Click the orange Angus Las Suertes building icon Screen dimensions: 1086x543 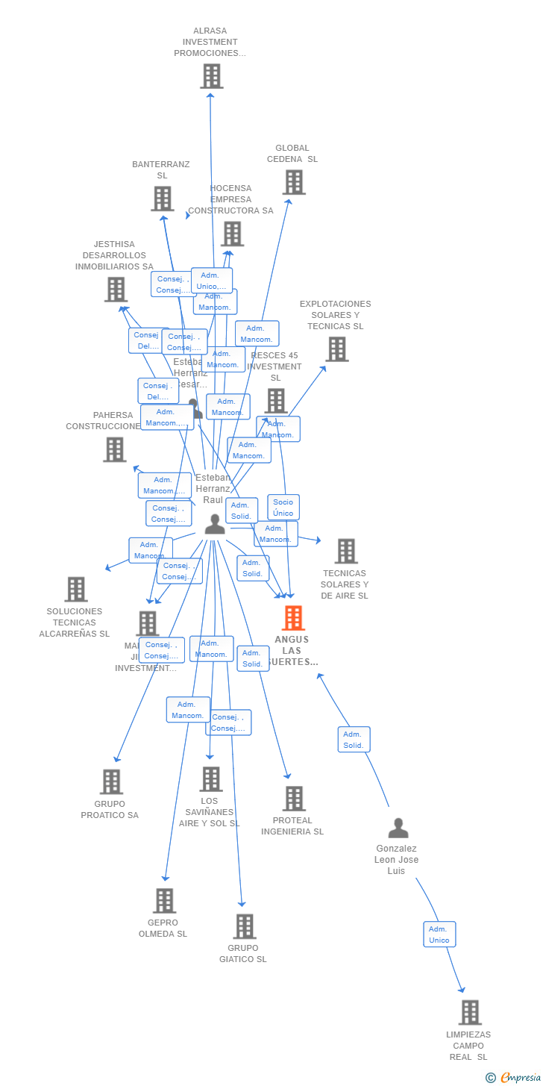293,618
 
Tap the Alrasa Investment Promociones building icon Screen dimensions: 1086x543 211,76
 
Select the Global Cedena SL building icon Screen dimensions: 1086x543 293,182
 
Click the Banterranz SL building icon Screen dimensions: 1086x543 163,199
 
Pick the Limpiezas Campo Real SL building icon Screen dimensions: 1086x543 470,1013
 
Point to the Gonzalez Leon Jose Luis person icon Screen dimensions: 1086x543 398,828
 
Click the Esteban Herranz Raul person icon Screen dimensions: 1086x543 215,525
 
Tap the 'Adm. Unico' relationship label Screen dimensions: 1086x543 439,934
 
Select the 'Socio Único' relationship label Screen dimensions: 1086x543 283,508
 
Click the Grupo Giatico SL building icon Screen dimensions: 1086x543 244,926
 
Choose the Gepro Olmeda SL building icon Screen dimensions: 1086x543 164,901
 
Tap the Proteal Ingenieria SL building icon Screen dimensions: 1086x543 294,799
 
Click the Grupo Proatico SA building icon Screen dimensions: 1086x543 111,782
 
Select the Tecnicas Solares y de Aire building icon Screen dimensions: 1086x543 345,552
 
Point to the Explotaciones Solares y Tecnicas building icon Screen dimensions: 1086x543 336,349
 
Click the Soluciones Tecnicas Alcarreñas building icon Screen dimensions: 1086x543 75,589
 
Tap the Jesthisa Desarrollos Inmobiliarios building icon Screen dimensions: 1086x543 116,290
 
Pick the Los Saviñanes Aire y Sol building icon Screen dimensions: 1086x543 210,779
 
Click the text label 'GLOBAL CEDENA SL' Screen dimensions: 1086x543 292,154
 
